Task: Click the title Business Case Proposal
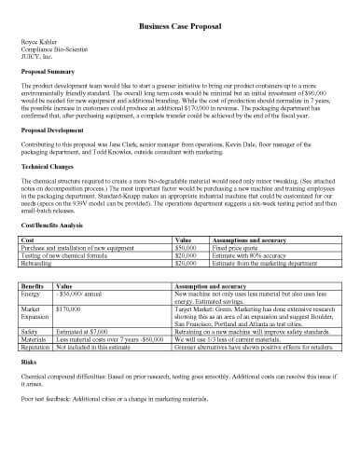tap(179, 29)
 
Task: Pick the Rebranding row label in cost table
tap(38, 263)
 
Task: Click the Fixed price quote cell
tap(235, 248)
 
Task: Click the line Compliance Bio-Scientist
tap(53, 51)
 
